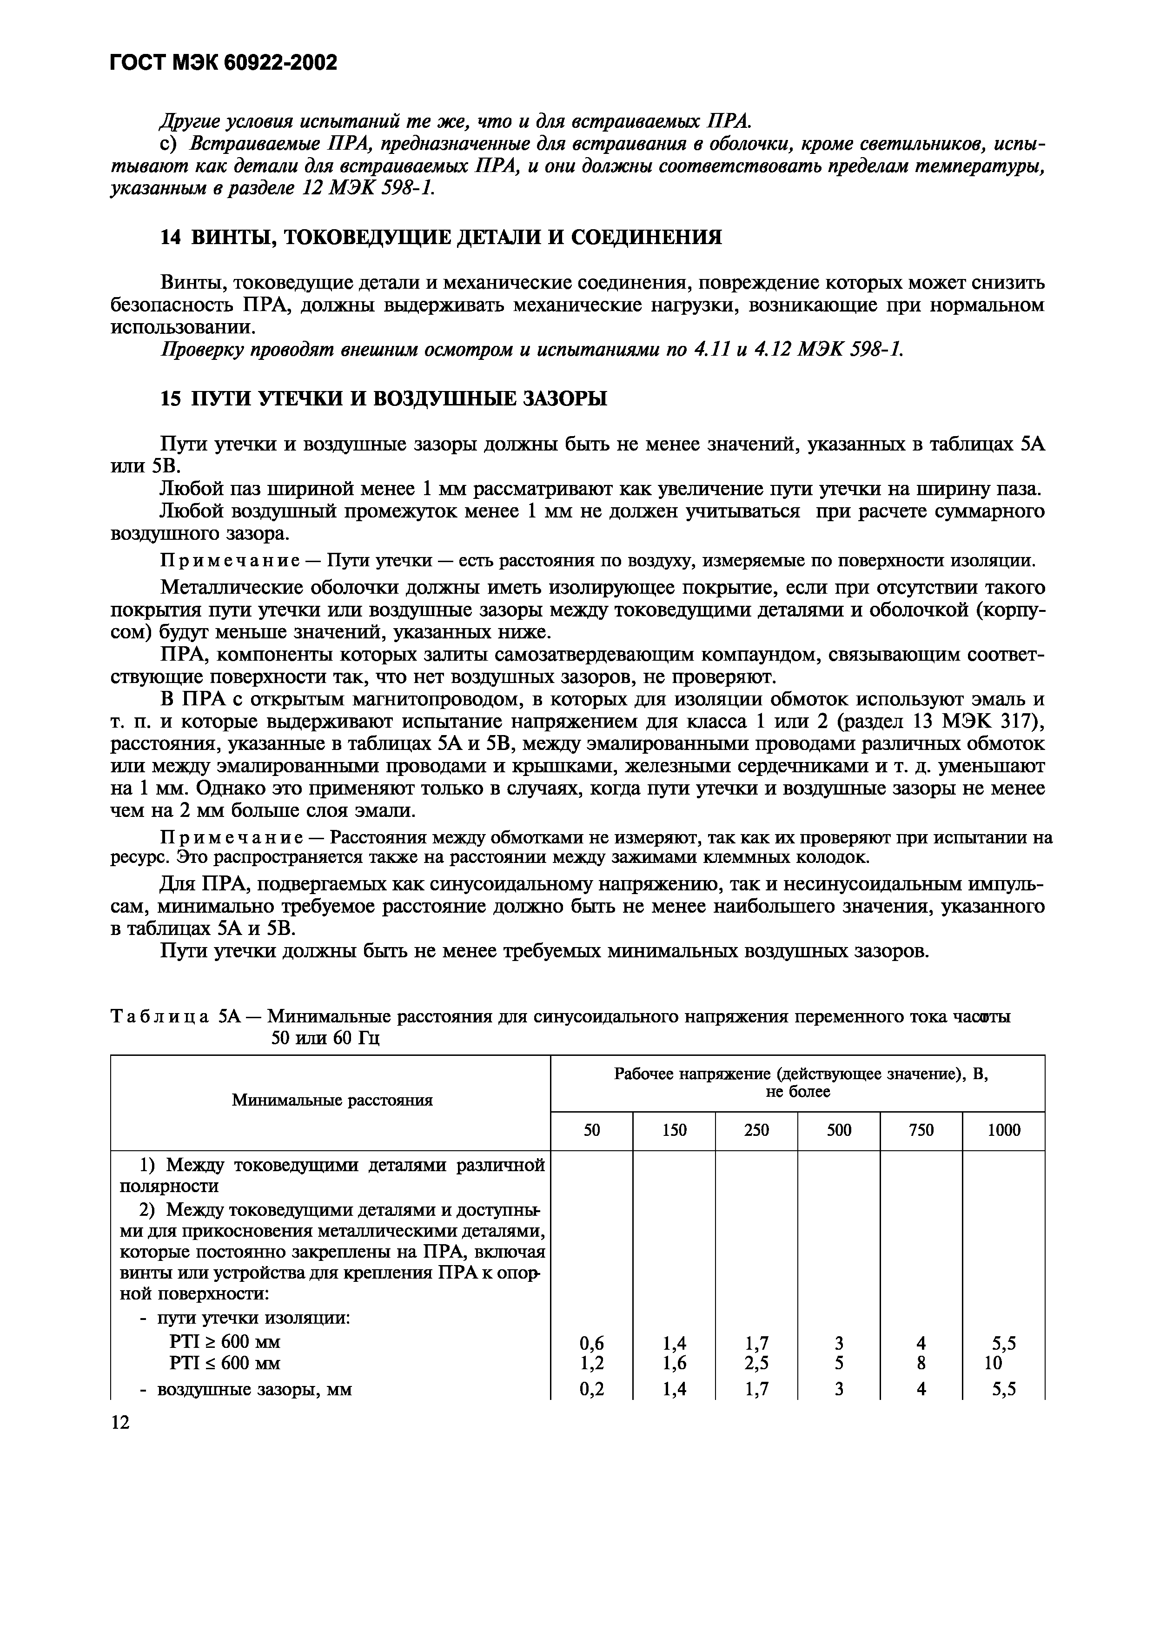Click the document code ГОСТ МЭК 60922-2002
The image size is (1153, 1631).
[223, 64]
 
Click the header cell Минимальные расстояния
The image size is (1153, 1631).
[332, 1101]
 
